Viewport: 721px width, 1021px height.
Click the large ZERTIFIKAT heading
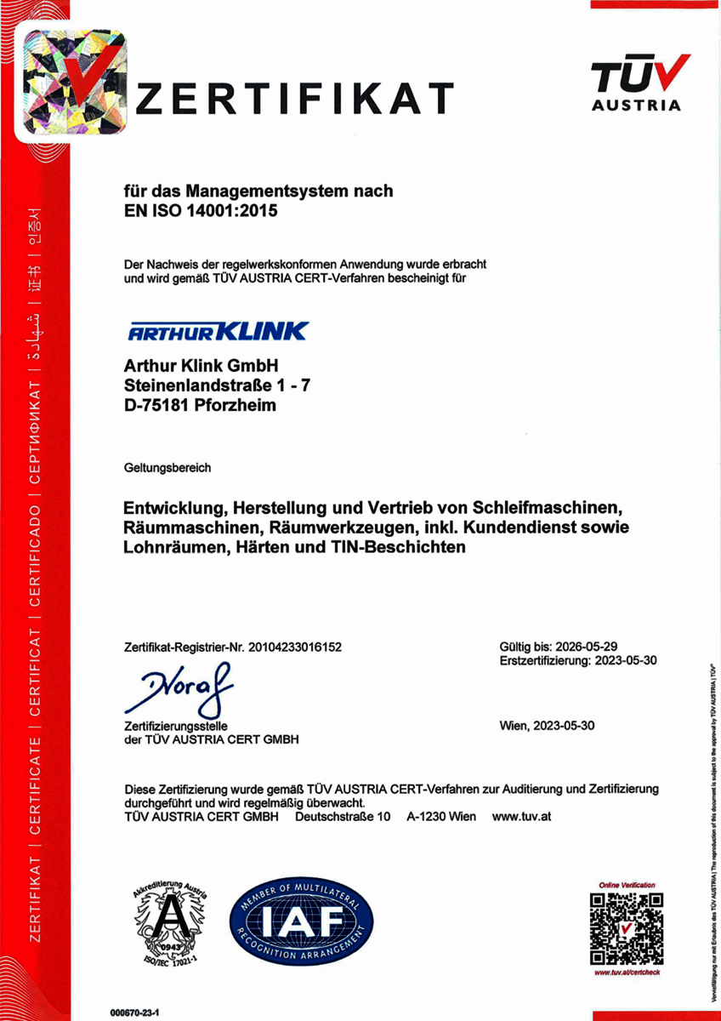(x=295, y=98)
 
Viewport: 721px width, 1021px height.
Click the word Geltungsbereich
(x=167, y=468)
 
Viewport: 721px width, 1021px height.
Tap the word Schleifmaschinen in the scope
(x=552, y=509)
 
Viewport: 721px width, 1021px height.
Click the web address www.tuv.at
(x=523, y=816)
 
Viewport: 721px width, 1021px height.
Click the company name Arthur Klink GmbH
(x=202, y=366)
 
